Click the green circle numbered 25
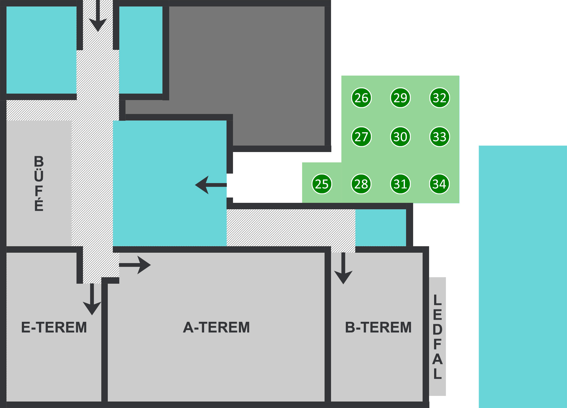pyautogui.click(x=322, y=184)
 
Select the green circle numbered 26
pyautogui.click(x=361, y=98)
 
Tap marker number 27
pyautogui.click(x=361, y=137)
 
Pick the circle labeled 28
pyautogui.click(x=361, y=184)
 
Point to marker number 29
pyautogui.click(x=400, y=98)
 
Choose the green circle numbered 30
pyautogui.click(x=400, y=137)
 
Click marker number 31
pyautogui.click(x=400, y=184)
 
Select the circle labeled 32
pyautogui.click(x=439, y=98)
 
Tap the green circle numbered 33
pyautogui.click(x=439, y=137)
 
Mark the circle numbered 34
pyautogui.click(x=439, y=184)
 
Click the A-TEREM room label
pyautogui.click(x=216, y=327)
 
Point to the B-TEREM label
pyautogui.click(x=378, y=327)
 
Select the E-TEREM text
pyautogui.click(x=54, y=327)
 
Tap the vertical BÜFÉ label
pyautogui.click(x=39, y=183)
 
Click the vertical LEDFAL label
pyautogui.click(x=437, y=337)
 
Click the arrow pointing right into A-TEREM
pyautogui.click(x=135, y=265)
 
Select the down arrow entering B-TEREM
pyautogui.click(x=343, y=268)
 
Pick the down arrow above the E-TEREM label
pyautogui.click(x=92, y=299)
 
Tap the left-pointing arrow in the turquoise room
pyautogui.click(x=211, y=185)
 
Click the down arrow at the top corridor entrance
pyautogui.click(x=98, y=16)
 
